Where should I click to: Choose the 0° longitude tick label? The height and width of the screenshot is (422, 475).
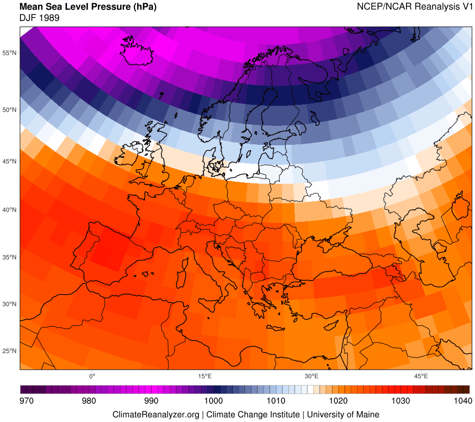tap(92, 376)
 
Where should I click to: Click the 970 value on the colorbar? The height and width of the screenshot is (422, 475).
tap(26, 401)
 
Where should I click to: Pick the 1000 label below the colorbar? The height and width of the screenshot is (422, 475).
tap(213, 401)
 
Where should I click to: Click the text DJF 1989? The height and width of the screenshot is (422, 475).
tap(39, 18)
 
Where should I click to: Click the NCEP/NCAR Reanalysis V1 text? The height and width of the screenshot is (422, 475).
tap(414, 7)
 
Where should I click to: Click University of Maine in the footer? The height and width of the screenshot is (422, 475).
tap(343, 415)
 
